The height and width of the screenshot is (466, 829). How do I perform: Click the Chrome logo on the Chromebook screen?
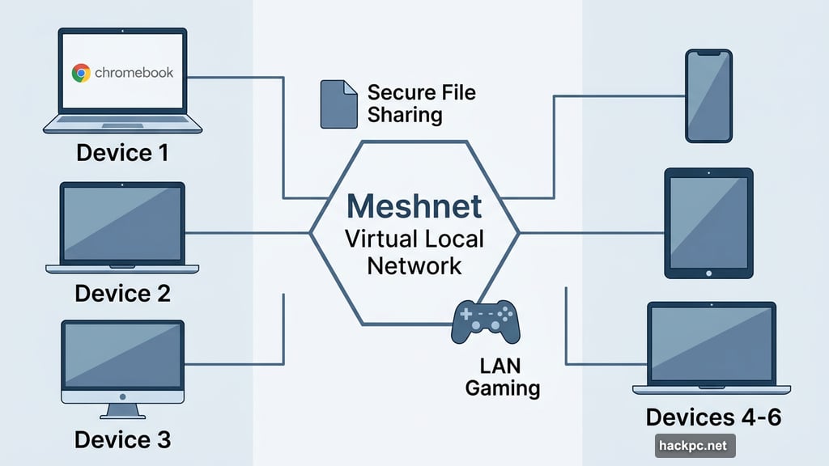(x=80, y=73)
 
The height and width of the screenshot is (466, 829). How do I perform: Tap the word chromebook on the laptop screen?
(x=134, y=73)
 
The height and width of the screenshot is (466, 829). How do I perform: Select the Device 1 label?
(x=122, y=152)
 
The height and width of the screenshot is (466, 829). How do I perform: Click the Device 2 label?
(x=122, y=293)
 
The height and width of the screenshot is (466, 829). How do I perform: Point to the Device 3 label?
(x=122, y=439)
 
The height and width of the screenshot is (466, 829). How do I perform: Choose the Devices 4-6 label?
(x=713, y=417)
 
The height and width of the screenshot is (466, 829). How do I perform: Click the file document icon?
(x=338, y=104)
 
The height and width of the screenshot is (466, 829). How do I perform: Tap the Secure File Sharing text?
(x=421, y=103)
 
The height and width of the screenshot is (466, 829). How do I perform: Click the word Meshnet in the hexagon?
(x=414, y=205)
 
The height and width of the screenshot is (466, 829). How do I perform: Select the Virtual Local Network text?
(x=414, y=252)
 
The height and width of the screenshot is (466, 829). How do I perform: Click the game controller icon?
(x=486, y=320)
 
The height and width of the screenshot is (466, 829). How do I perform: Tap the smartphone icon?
(x=708, y=95)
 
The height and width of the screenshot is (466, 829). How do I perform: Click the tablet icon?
(x=708, y=222)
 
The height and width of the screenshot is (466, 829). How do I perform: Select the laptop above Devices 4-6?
(x=712, y=348)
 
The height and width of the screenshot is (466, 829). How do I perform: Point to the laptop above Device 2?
(x=122, y=227)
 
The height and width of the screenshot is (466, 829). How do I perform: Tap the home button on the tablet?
(x=708, y=273)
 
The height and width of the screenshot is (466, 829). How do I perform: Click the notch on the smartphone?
(x=708, y=53)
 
